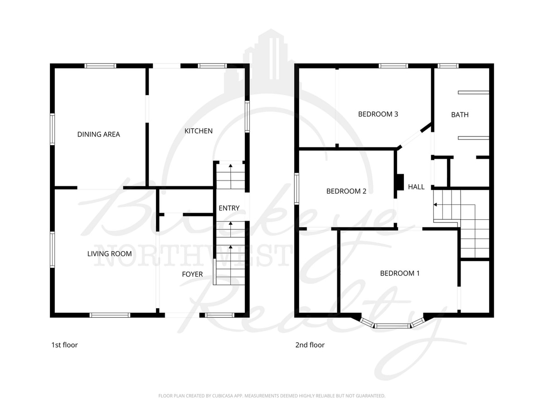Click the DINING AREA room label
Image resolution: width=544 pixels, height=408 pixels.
coord(98,134)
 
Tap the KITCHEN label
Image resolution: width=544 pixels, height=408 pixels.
coord(198,131)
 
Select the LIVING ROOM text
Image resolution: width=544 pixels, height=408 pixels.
coord(109,253)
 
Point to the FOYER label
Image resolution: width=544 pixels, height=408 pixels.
coord(192,274)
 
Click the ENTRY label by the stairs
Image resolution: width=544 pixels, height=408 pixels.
coord(229,208)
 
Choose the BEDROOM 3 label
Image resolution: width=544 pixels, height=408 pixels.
coord(378,114)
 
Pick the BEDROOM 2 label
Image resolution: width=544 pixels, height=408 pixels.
coord(346,191)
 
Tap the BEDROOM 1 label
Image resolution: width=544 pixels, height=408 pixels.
coord(399,273)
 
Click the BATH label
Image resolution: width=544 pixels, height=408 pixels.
coord(460,115)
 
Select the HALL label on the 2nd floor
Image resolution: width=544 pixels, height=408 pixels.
coord(416,187)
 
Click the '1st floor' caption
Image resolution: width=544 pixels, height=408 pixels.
coord(64,345)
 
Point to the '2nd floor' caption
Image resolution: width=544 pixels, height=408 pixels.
coord(310,345)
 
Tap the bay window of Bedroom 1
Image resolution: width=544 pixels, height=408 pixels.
coord(393,325)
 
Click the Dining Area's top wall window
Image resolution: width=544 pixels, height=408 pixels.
coord(101,66)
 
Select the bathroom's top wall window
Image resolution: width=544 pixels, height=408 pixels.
coord(448,66)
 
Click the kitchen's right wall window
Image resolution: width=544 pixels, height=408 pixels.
coord(247,116)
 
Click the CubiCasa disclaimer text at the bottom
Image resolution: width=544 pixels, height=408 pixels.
coord(272,396)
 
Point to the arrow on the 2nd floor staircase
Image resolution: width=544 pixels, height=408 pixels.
coord(436,205)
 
